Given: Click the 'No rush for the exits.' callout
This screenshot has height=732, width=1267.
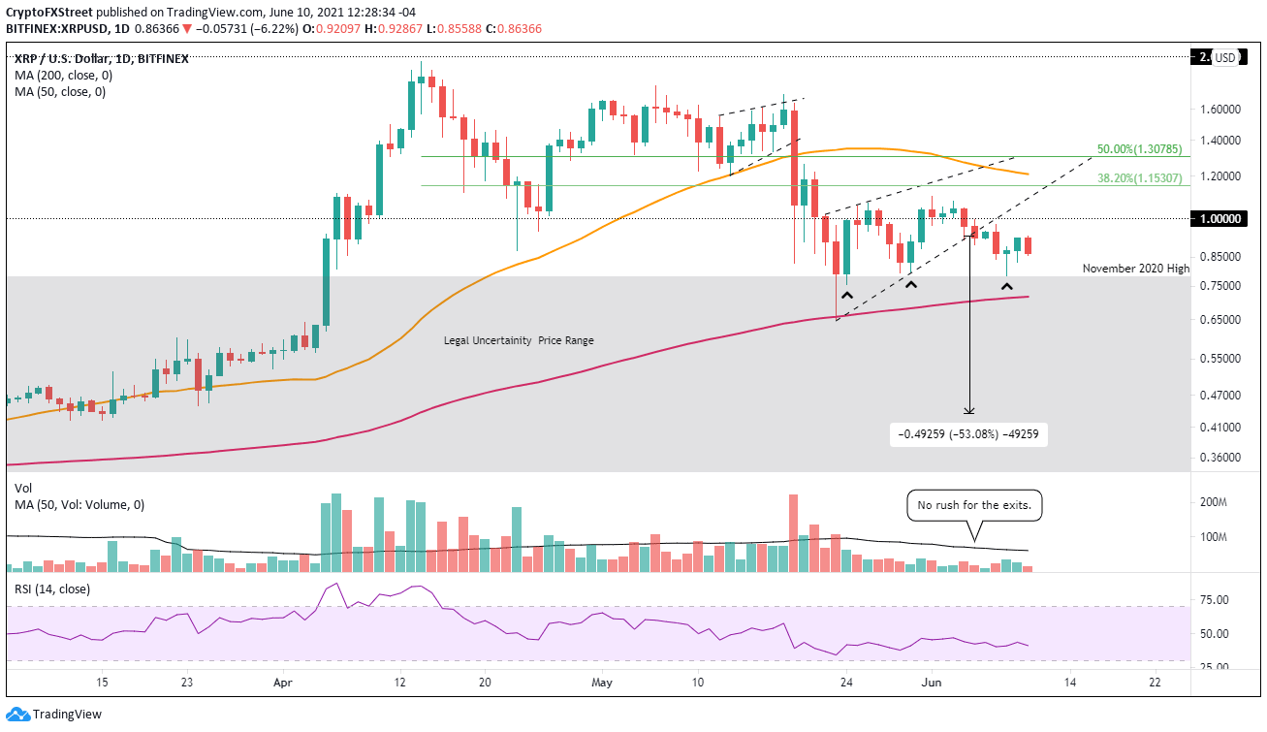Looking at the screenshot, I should tap(974, 504).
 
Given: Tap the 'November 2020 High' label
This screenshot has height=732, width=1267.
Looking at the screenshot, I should tap(1135, 268).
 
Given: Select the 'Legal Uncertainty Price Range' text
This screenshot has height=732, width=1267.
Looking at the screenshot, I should tap(519, 340).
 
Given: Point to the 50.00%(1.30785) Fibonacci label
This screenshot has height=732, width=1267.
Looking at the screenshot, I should tap(1139, 150).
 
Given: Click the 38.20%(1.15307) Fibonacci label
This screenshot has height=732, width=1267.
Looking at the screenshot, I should tap(1139, 178).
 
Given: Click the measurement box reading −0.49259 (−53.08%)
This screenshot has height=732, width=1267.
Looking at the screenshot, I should tap(968, 434).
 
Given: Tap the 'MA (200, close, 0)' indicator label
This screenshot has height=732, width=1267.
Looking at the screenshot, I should tap(61, 76).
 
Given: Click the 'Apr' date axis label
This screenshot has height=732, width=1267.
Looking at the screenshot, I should tap(283, 682).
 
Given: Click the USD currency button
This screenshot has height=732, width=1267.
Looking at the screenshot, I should tap(1225, 57).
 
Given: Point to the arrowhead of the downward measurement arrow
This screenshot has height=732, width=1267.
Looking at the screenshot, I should tap(969, 412).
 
